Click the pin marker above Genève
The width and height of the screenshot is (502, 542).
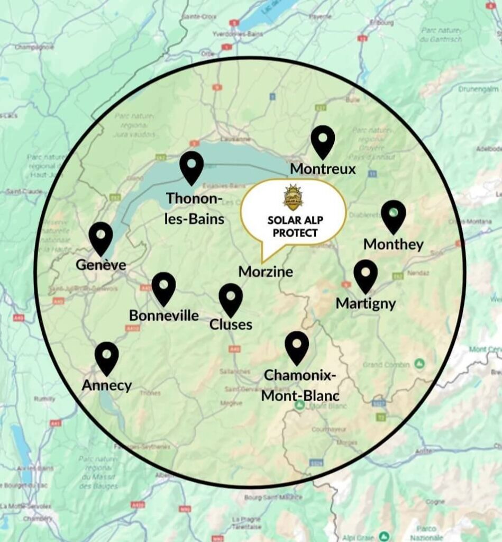coord(101,238)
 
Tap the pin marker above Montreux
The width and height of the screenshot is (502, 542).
coord(323,141)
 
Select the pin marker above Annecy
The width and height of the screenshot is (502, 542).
coord(107,357)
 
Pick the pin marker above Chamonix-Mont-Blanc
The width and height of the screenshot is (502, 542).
coord(297,347)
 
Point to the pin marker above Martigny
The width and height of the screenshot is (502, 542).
coord(366,275)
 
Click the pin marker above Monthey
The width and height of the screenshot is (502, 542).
coord(393,216)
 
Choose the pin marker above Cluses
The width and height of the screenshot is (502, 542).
coord(231,299)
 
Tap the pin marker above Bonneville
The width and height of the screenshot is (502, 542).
coord(163,288)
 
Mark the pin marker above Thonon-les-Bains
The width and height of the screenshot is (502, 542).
coord(191,167)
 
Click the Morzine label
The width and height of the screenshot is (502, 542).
coord(266,272)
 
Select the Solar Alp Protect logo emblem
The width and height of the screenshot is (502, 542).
coord(293,198)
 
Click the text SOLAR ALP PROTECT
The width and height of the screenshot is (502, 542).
coord(293,227)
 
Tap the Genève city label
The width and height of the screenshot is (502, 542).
coord(101,265)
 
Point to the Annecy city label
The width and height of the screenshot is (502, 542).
coord(107,385)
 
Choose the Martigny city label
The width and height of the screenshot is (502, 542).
coord(366,304)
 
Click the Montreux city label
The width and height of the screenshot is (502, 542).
coord(323,169)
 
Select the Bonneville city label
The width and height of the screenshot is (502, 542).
coord(164,315)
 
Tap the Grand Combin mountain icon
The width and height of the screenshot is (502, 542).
coord(419,364)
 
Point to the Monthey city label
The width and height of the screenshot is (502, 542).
coord(394,245)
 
